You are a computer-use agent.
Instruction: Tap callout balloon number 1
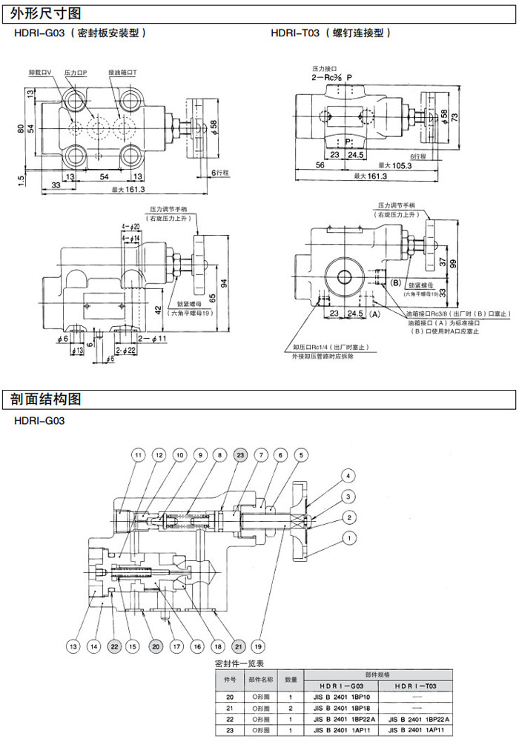pos(346,539)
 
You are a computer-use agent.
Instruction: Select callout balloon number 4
pos(346,476)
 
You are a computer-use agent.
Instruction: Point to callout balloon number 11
pos(138,454)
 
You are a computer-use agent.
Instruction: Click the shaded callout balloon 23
pos(239,454)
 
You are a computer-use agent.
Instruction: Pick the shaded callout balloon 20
pos(155,647)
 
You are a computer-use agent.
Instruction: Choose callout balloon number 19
pos(258,647)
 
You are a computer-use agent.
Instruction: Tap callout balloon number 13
pos(73,647)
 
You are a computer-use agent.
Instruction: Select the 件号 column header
pos(230,678)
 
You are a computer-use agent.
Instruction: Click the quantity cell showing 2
pos(291,709)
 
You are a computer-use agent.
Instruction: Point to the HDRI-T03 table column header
pos(420,686)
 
